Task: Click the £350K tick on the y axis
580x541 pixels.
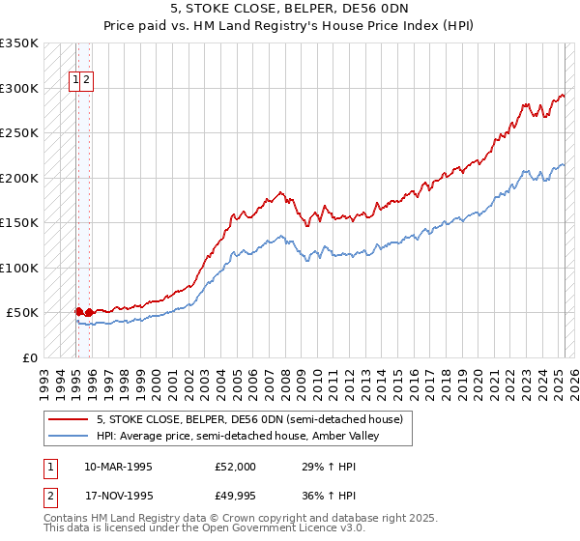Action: [19, 43]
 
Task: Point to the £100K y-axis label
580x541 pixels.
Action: [19, 268]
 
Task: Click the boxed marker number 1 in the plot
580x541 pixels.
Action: [75, 81]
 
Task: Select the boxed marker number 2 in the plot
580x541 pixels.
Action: [87, 81]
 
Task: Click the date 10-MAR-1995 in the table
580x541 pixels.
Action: [118, 467]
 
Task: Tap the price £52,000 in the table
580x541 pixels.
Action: [235, 467]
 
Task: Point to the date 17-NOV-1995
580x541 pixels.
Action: [118, 498]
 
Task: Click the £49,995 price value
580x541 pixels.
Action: [235, 498]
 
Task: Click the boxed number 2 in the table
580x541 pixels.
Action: [48, 498]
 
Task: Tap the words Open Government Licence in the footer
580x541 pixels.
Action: [266, 529]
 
